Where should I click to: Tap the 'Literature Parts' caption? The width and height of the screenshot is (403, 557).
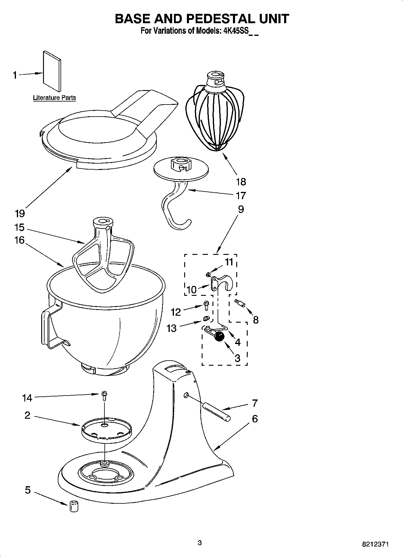[x=54, y=98]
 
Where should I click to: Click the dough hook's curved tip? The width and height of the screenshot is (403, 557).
[x=181, y=225]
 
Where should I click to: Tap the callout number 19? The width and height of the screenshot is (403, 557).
[x=20, y=213]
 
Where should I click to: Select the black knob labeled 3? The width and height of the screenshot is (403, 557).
[x=219, y=336]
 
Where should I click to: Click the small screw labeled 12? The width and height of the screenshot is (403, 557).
[x=206, y=305]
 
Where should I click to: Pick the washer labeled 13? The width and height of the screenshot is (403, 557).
[x=206, y=318]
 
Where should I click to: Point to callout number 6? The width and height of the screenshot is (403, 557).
[x=255, y=419]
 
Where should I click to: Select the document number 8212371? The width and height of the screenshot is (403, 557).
[x=375, y=544]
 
